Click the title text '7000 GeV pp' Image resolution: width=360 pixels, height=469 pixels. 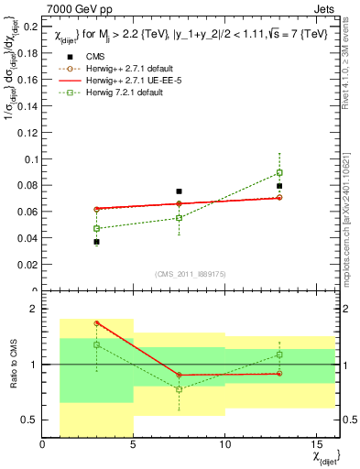tap(72, 8)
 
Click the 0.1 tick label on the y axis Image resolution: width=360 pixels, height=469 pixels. tap(30, 159)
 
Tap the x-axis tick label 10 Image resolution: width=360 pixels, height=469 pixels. tap(224, 445)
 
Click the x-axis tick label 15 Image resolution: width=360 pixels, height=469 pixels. tap(316, 445)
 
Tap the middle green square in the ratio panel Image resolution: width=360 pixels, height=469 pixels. tap(180, 389)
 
